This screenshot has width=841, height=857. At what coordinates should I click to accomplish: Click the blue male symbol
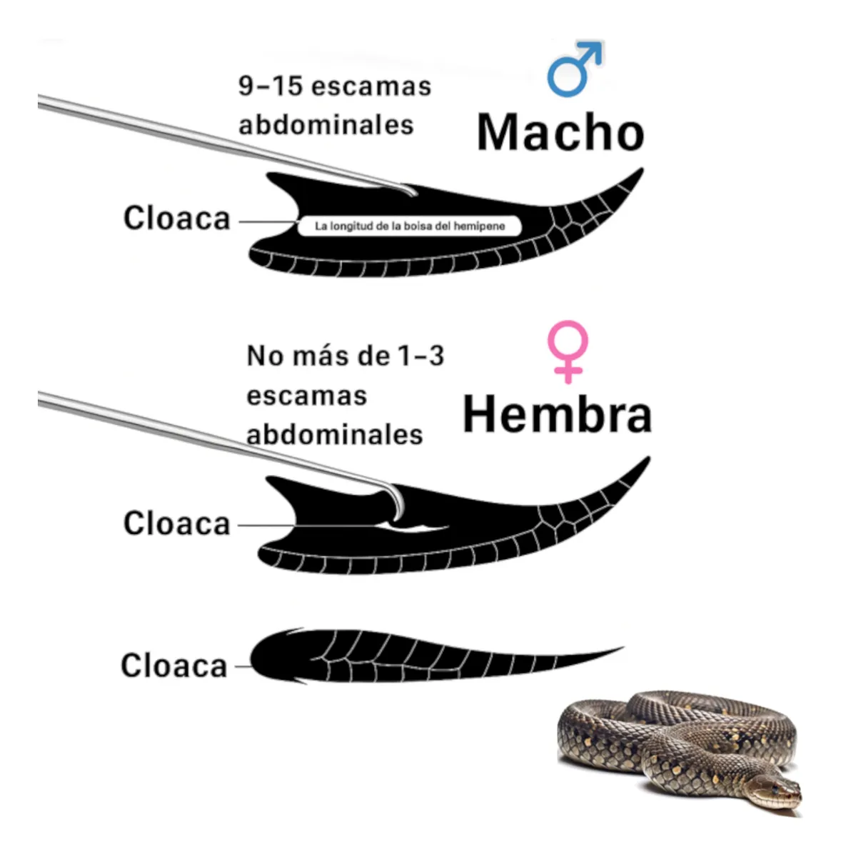click(575, 69)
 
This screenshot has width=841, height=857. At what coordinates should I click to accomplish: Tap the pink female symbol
click(568, 351)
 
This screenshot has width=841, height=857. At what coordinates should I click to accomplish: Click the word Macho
click(560, 132)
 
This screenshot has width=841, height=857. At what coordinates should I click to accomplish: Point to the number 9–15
click(271, 86)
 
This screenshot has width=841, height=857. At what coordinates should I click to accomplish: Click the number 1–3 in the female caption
click(420, 356)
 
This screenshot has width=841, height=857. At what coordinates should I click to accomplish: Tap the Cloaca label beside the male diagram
click(176, 218)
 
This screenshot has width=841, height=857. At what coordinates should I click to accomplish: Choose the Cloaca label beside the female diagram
click(176, 523)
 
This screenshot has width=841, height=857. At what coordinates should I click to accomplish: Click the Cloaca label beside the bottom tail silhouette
click(174, 666)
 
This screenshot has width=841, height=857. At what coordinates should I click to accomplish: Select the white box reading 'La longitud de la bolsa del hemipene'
click(410, 226)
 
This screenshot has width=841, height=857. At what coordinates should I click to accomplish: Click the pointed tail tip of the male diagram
click(643, 169)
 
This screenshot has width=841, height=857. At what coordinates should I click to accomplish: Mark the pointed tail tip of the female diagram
click(650, 457)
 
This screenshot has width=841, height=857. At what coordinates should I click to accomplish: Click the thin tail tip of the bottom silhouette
click(623, 648)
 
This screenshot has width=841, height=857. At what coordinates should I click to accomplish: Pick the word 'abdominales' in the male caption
click(326, 125)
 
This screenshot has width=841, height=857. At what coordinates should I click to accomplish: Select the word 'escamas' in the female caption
click(306, 396)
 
